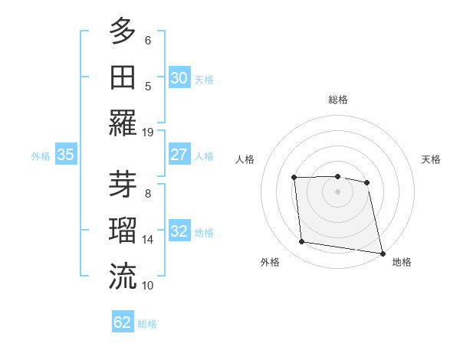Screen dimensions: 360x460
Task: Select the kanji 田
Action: pyautogui.click(x=123, y=77)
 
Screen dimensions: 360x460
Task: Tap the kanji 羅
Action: pyautogui.click(x=123, y=123)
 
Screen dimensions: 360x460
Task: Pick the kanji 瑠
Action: pyautogui.click(x=123, y=230)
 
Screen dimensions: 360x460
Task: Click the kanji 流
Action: pyautogui.click(x=123, y=276)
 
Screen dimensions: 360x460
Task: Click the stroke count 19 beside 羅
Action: pyautogui.click(x=149, y=132)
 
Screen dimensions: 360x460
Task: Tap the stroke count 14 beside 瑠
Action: pyautogui.click(x=149, y=239)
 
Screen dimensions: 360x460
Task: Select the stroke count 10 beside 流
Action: pyautogui.click(x=149, y=285)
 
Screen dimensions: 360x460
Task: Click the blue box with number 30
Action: pyautogui.click(x=179, y=77)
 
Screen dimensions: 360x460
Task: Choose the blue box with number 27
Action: pyautogui.click(x=179, y=155)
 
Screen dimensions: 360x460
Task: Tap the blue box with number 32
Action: pyautogui.click(x=179, y=231)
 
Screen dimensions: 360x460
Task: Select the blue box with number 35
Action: pyautogui.click(x=66, y=155)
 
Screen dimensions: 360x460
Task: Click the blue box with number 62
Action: pyautogui.click(x=123, y=322)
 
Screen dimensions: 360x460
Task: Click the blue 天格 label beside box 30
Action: pyautogui.click(x=204, y=79)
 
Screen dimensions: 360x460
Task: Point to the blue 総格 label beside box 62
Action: pyautogui.click(x=147, y=324)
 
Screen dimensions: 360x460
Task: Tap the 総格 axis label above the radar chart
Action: pyautogui.click(x=337, y=100)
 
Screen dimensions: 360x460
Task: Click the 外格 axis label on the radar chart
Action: pyautogui.click(x=270, y=262)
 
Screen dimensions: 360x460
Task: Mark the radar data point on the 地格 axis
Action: pyautogui.click(x=381, y=253)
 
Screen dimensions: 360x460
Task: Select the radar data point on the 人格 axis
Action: pyautogui.click(x=294, y=178)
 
